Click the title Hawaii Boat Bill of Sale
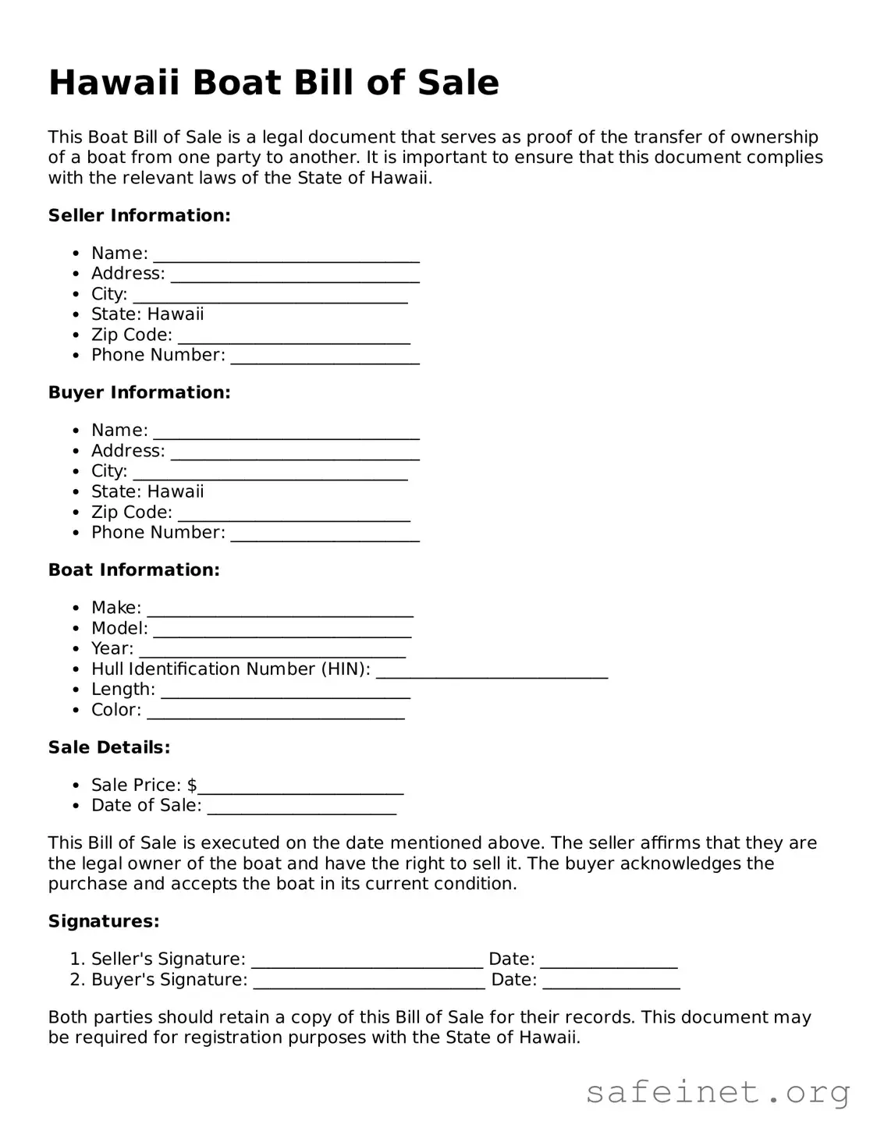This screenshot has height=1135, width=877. coord(273,83)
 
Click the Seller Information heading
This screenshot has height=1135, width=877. coord(139,215)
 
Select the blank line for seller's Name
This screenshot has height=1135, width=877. coord(286,255)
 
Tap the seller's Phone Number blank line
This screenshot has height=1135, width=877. coord(325,356)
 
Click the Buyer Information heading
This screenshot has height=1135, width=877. coord(139,392)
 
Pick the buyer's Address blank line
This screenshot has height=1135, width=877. coord(295,452)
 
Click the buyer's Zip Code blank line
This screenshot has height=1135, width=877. coord(293,514)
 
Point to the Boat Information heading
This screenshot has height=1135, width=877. coord(133,570)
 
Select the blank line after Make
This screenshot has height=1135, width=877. coord(280,609)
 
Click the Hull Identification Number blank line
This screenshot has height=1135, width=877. coord(492,671)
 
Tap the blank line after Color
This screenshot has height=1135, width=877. coord(275,711)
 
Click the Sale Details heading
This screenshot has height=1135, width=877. coord(109,747)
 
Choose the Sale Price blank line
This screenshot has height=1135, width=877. coord(300,786)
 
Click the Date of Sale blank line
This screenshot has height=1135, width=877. coord(302,807)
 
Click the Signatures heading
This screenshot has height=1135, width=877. coord(104,921)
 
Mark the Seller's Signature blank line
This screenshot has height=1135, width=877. coord(367,960)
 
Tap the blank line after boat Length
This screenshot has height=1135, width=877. coord(285,691)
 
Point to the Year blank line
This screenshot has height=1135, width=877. coord(272,651)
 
